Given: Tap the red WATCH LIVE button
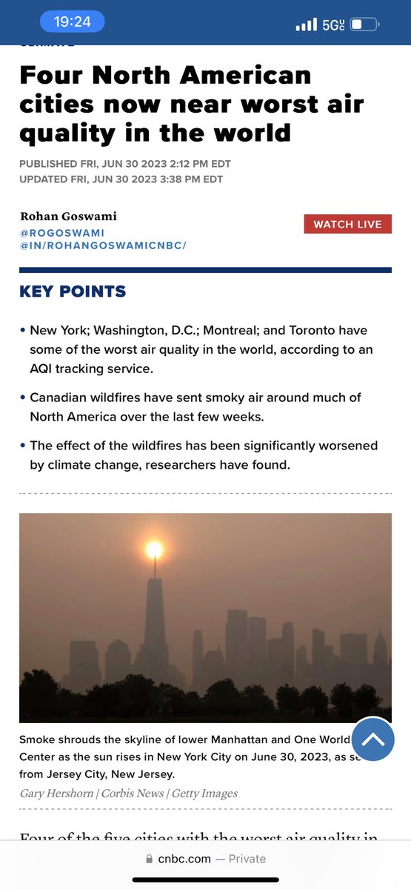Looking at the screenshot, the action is click(x=347, y=224).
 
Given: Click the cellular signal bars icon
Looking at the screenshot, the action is click(x=306, y=25).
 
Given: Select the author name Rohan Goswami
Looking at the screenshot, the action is click(x=67, y=217).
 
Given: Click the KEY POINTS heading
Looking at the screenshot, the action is click(x=73, y=291).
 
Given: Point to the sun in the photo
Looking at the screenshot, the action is click(x=154, y=550).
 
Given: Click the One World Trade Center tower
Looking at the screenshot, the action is click(x=155, y=623).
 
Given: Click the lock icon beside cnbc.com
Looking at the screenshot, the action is click(x=150, y=858).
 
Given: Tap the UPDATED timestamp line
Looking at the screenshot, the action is click(x=121, y=179).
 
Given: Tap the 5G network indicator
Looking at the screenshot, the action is click(x=333, y=25).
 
